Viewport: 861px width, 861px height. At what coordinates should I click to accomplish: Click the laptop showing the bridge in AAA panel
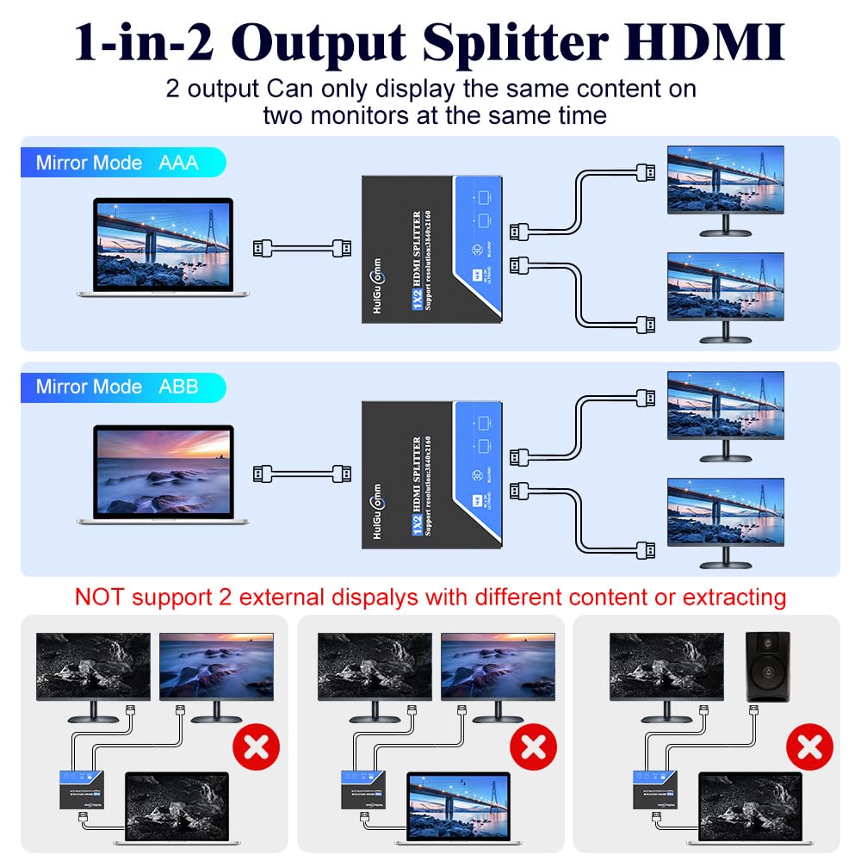[164, 245]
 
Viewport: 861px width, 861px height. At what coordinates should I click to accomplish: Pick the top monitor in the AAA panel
[725, 185]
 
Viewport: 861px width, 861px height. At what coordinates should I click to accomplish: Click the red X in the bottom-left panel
[257, 747]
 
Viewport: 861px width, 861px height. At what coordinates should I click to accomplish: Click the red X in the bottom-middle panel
[534, 747]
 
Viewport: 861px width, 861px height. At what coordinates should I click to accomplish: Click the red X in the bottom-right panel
[809, 747]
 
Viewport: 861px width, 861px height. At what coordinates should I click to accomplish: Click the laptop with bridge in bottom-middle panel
[458, 805]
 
